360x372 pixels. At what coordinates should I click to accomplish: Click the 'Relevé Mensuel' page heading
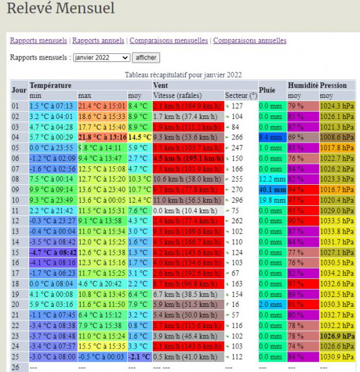pyautogui.click(x=61, y=9)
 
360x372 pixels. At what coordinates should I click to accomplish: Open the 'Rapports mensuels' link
pyautogui.click(x=38, y=40)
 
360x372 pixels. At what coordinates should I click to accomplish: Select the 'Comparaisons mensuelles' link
pyautogui.click(x=169, y=40)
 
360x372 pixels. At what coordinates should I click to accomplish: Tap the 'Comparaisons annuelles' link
pyautogui.click(x=250, y=40)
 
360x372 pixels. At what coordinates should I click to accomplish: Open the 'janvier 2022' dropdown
pyautogui.click(x=101, y=58)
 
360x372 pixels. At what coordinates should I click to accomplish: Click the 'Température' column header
pyautogui.click(x=51, y=85)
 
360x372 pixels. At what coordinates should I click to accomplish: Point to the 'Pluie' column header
pyautogui.click(x=268, y=90)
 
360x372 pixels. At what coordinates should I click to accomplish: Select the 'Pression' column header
pyautogui.click(x=333, y=85)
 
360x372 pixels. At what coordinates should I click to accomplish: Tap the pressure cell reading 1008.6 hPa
pyautogui.click(x=337, y=136)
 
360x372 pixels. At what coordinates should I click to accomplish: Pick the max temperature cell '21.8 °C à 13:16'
pyautogui.click(x=102, y=136)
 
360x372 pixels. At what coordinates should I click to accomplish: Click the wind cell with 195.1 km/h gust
pyautogui.click(x=187, y=158)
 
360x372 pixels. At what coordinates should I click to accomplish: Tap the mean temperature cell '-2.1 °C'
pyautogui.click(x=140, y=358)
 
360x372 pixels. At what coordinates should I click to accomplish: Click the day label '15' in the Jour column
pyautogui.click(x=16, y=253)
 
